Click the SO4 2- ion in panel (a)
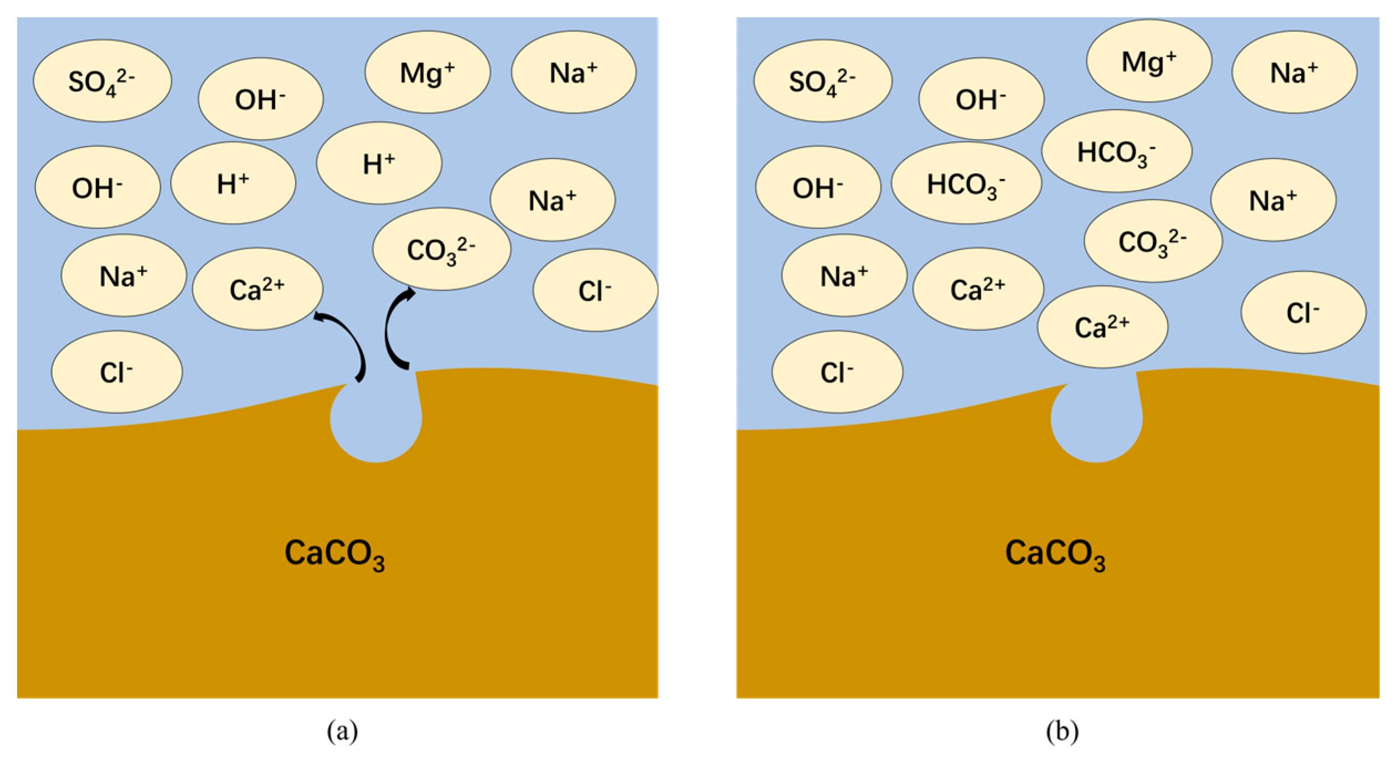pyautogui.click(x=102, y=81)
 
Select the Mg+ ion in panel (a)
pyautogui.click(x=427, y=72)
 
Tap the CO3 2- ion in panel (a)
pyautogui.click(x=441, y=249)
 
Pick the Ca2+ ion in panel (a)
pyautogui.click(x=257, y=289)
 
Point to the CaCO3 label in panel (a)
pyautogui.click(x=334, y=554)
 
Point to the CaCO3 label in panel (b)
pyautogui.click(x=1055, y=554)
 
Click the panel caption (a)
pyautogui.click(x=342, y=731)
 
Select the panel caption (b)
pyautogui.click(x=1062, y=731)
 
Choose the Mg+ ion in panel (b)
pyautogui.click(x=1148, y=61)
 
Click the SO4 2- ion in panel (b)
pyautogui.click(x=822, y=81)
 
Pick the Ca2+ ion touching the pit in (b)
pyautogui.click(x=1102, y=327)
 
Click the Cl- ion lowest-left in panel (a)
pyautogui.click(x=117, y=372)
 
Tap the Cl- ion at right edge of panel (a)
pyautogui.click(x=595, y=290)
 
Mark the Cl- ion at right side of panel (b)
pyautogui.click(x=1303, y=312)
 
